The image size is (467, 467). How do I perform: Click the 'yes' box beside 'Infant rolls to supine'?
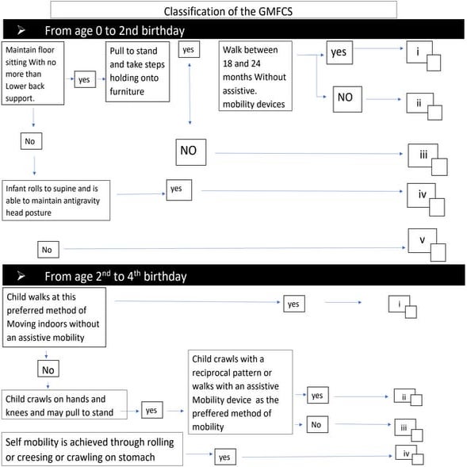(x=175, y=189)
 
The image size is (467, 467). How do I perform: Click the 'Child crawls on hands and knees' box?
(x=65, y=404)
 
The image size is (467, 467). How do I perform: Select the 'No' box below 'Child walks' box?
(x=49, y=369)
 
